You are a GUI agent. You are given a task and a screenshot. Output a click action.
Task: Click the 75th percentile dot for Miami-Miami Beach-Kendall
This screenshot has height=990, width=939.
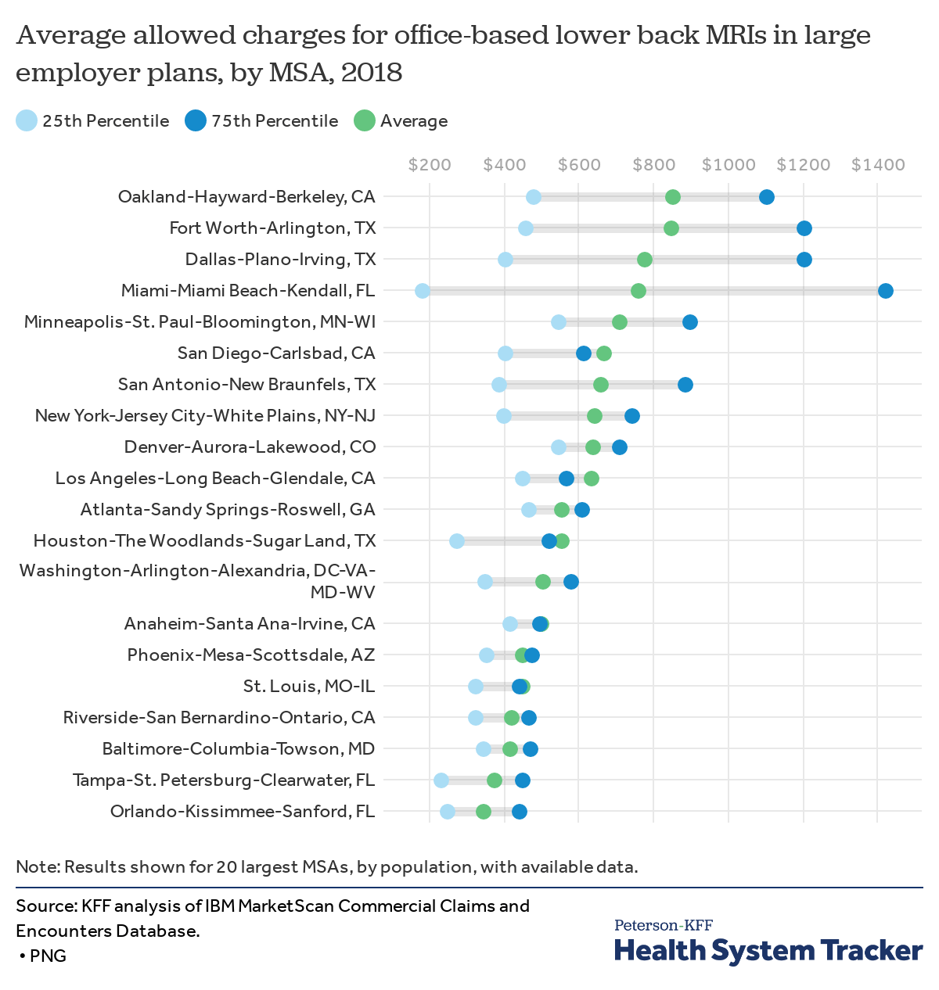885,291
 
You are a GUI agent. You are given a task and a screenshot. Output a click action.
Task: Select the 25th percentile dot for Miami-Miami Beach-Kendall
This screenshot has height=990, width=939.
423,291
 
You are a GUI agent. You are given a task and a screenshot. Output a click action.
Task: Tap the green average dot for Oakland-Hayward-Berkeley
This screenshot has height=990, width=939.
672,197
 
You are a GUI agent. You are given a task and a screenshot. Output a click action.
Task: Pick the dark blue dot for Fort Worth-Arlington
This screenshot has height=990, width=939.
804,228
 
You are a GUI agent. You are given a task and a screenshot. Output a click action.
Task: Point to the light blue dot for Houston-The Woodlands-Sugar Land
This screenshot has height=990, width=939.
457,541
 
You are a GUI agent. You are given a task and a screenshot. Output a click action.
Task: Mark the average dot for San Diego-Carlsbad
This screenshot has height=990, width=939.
603,353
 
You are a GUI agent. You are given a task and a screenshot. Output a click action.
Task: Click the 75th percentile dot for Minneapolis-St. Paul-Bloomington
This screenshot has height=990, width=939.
689,322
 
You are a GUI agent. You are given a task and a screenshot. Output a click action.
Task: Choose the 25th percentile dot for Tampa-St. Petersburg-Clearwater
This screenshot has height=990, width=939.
441,780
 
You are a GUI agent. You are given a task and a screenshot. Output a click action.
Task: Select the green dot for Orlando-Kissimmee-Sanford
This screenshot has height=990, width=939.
484,812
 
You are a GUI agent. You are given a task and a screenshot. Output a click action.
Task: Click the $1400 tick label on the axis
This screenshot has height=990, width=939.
878,165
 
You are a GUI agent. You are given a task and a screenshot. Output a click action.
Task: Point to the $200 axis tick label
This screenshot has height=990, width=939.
430,165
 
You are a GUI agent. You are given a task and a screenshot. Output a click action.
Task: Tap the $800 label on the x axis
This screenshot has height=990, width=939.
654,165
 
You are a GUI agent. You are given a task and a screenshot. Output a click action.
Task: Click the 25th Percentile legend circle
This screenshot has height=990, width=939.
27,120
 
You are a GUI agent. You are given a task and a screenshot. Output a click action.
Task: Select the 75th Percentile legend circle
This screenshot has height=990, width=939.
196,120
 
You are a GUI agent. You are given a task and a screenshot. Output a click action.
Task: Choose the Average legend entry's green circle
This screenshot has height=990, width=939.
365,120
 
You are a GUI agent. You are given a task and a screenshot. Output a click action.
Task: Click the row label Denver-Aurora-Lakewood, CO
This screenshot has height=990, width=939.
250,447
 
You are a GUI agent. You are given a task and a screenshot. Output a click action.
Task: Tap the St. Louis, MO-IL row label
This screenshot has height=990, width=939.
309,687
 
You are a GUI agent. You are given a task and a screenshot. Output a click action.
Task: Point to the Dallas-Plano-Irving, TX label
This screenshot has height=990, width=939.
280,260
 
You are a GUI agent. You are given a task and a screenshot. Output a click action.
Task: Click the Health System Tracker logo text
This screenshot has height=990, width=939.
768,950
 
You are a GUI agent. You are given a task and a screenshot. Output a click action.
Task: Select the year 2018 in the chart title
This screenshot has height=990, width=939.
372,72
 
